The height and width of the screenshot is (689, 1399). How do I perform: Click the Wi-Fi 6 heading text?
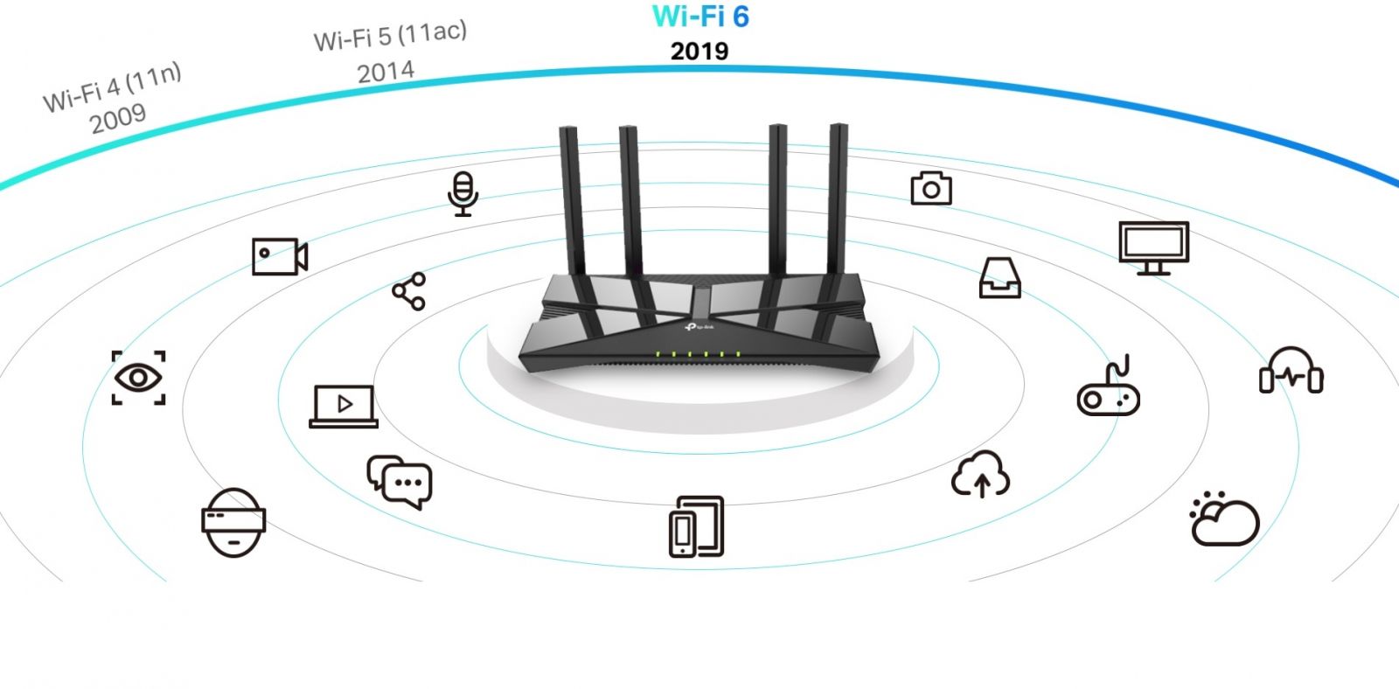pyautogui.click(x=700, y=17)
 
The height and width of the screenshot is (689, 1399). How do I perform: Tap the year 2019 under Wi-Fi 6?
pyautogui.click(x=699, y=52)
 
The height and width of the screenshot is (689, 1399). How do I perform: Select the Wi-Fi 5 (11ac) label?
pyautogui.click(x=390, y=36)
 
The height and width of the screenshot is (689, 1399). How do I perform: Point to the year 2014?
pyautogui.click(x=386, y=72)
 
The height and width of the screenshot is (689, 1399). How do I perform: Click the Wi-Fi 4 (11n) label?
pyautogui.click(x=113, y=87)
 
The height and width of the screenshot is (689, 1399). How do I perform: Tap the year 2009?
pyautogui.click(x=118, y=119)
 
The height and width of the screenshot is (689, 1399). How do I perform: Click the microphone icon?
pyautogui.click(x=463, y=193)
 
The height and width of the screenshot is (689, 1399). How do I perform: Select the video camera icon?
pyautogui.click(x=280, y=256)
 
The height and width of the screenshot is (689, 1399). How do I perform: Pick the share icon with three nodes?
pyautogui.click(x=409, y=291)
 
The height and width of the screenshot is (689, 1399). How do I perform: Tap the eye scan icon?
pyautogui.click(x=139, y=378)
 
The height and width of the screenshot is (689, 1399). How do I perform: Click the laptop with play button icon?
pyautogui.click(x=344, y=407)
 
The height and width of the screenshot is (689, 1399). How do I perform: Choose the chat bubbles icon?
pyautogui.click(x=400, y=482)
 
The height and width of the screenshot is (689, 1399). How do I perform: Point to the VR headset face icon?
pyautogui.click(x=233, y=523)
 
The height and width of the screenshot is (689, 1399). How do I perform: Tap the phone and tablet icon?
pyautogui.click(x=696, y=526)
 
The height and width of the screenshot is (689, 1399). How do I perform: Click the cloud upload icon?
pyautogui.click(x=980, y=475)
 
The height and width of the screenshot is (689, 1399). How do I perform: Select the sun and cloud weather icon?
pyautogui.click(x=1224, y=518)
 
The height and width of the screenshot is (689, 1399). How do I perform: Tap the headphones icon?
pyautogui.click(x=1291, y=371)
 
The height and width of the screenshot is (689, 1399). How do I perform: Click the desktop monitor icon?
pyautogui.click(x=1153, y=248)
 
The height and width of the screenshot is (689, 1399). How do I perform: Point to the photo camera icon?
pyautogui.click(x=931, y=188)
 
